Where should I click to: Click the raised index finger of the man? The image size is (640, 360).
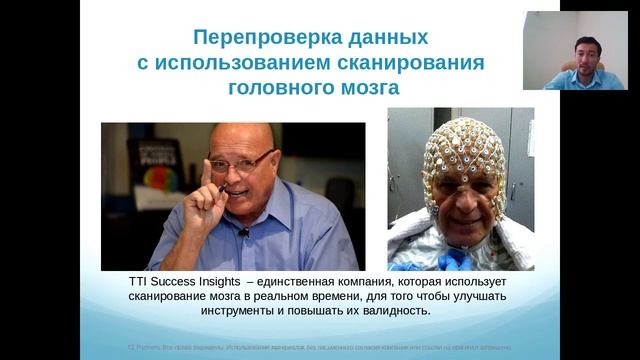[206, 171]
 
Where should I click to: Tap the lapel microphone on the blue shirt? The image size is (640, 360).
[243, 232]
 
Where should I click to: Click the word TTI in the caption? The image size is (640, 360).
[140, 283]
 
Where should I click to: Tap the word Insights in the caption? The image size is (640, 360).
[233, 283]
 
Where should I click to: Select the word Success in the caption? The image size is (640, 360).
[182, 283]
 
